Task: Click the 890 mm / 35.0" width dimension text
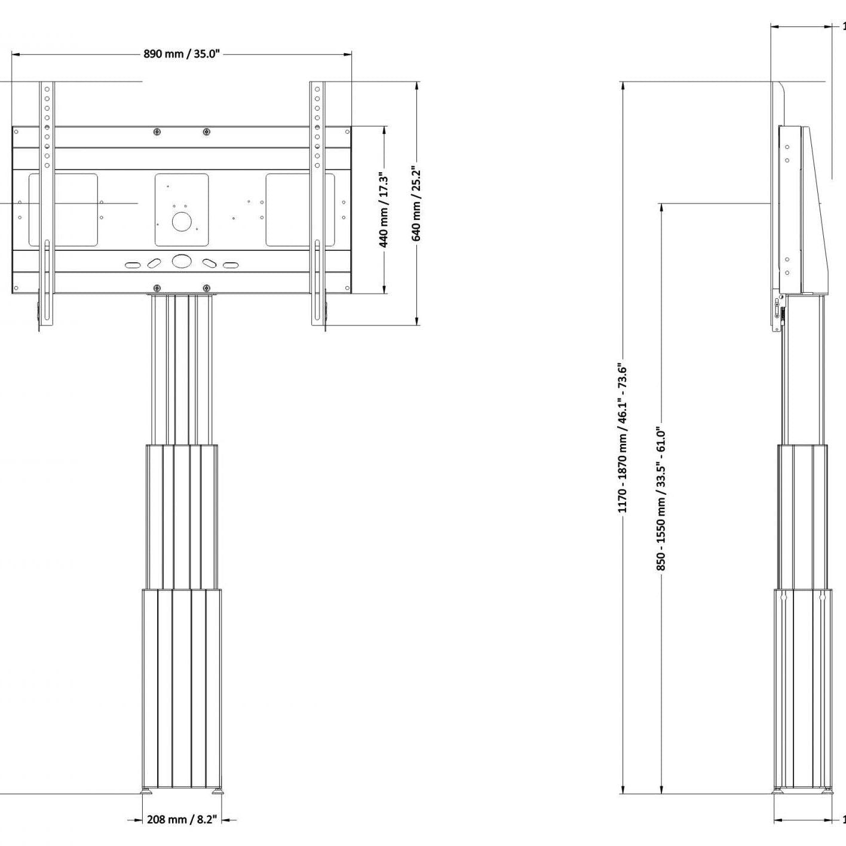(x=182, y=54)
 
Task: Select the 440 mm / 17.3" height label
(x=384, y=210)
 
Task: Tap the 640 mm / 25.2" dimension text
(x=417, y=204)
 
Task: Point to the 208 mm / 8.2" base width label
(x=182, y=820)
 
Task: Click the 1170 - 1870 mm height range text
(x=623, y=439)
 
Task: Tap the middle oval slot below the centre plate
(x=182, y=262)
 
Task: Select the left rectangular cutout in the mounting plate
(x=63, y=210)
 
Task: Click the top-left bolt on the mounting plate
(x=157, y=132)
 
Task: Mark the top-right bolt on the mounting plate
(x=206, y=132)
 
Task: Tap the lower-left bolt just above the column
(x=157, y=289)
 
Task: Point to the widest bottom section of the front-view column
(x=182, y=687)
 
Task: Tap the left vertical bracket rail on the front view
(x=47, y=203)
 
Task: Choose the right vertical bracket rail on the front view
(x=317, y=203)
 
